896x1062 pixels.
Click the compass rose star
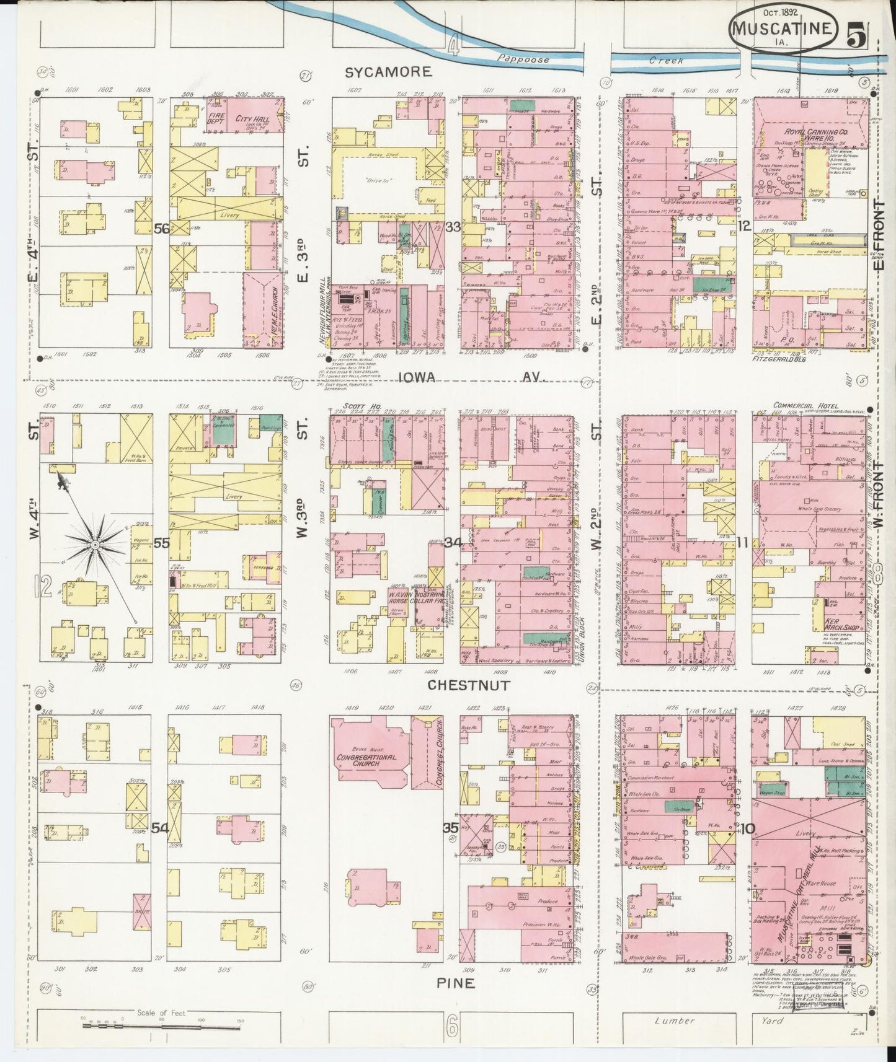(95, 545)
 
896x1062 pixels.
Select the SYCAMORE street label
(388, 73)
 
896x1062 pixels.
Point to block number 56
(162, 229)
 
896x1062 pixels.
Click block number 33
(453, 227)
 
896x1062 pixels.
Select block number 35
(450, 827)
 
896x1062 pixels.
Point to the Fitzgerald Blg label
(779, 359)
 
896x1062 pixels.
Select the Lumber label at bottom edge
(676, 1020)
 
